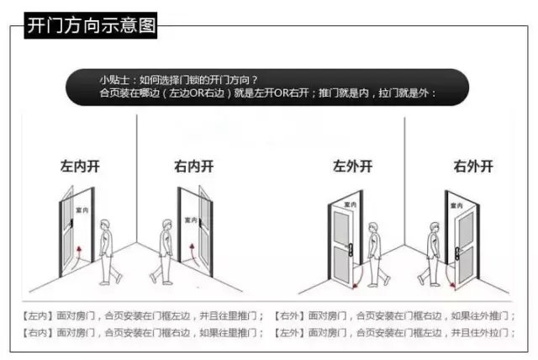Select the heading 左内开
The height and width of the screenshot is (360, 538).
(x=80, y=167)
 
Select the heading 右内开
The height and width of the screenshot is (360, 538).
(x=194, y=167)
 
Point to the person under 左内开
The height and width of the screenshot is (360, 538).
(x=107, y=251)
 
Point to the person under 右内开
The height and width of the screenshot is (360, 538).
(x=166, y=251)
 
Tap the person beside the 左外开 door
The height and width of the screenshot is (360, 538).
(x=376, y=251)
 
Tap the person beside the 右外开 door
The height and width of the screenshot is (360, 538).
(x=433, y=251)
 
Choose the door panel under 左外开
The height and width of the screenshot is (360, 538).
(x=344, y=244)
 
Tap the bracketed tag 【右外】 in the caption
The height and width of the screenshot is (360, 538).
(x=291, y=316)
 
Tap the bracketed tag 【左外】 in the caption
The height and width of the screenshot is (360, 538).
(x=291, y=333)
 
